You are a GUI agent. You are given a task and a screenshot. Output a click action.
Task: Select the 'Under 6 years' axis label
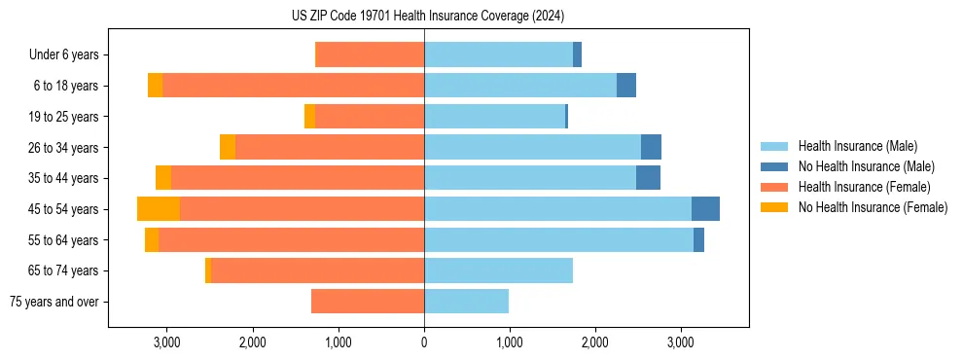coord(69,55)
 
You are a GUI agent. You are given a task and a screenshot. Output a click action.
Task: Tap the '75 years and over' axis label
coord(53,302)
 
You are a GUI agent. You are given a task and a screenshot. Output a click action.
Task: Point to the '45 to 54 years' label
coord(64,209)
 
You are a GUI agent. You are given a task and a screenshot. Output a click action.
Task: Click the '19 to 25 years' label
coord(64,117)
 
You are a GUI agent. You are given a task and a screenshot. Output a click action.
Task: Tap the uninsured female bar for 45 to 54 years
coord(159,209)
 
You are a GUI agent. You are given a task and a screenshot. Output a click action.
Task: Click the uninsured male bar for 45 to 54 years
coord(705,209)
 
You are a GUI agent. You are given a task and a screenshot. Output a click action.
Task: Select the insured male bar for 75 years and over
coord(466,302)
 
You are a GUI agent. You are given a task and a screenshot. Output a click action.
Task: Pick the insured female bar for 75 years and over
coord(368,302)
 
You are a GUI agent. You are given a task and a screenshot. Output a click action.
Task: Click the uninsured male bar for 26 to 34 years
coord(651,147)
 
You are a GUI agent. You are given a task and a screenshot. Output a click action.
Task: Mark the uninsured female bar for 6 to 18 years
coord(155,86)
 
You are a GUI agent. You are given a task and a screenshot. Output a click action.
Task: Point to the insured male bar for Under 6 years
coord(498,55)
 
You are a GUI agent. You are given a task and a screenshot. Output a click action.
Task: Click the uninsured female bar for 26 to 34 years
coord(228,147)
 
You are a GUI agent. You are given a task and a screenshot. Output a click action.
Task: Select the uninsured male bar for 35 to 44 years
coord(648,178)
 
